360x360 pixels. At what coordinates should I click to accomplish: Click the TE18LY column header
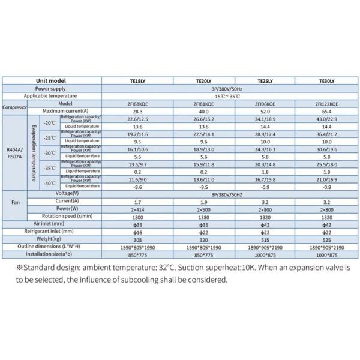pyautogui.click(x=139, y=82)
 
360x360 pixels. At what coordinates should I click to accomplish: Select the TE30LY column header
pyautogui.click(x=326, y=82)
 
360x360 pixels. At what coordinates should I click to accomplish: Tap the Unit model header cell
pyautogui.click(x=50, y=82)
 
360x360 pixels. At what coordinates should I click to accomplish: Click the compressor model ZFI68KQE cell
pyautogui.click(x=139, y=103)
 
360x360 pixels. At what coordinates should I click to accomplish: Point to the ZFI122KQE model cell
pyautogui.click(x=326, y=103)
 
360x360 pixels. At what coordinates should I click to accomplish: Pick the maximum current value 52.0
pyautogui.click(x=264, y=111)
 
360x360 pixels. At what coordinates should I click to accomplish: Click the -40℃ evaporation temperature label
pyautogui.click(x=49, y=183)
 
